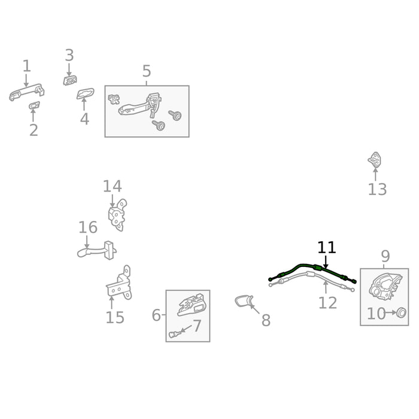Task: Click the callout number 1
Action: pyautogui.click(x=26, y=66)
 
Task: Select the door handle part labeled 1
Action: pyautogui.click(x=27, y=92)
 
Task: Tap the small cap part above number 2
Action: pyautogui.click(x=34, y=105)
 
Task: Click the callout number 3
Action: pyautogui.click(x=69, y=55)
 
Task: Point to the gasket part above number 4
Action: pyautogui.click(x=85, y=94)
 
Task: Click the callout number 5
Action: pyautogui.click(x=147, y=71)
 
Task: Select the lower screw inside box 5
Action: pyautogui.click(x=159, y=125)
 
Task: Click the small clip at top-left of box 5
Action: pyautogui.click(x=114, y=99)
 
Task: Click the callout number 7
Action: pyautogui.click(x=196, y=326)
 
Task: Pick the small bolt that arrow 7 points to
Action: pyautogui.click(x=174, y=334)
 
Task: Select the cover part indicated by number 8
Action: pyautogui.click(x=244, y=301)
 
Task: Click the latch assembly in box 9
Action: pyautogui.click(x=385, y=287)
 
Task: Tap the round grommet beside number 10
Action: pyautogui.click(x=401, y=312)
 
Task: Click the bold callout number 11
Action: pyautogui.click(x=326, y=248)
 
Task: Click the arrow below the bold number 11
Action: pyautogui.click(x=326, y=262)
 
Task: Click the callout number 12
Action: pyautogui.click(x=327, y=303)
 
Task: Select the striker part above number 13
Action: pyautogui.click(x=375, y=160)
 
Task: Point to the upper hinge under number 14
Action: pyautogui.click(x=117, y=215)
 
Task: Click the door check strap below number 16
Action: pyautogui.click(x=97, y=251)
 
